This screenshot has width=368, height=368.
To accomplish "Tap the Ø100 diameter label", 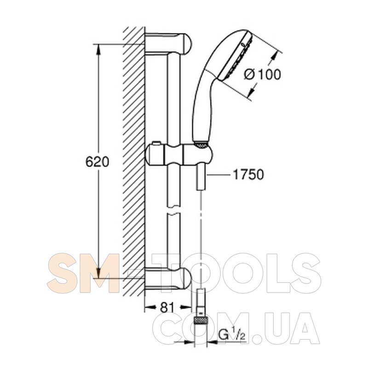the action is pos(262,75).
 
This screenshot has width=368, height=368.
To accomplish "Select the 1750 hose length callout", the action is pos(248,175).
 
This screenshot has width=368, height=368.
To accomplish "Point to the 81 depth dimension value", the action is pos(167,307).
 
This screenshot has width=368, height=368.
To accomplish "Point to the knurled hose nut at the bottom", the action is pos(201,320).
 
